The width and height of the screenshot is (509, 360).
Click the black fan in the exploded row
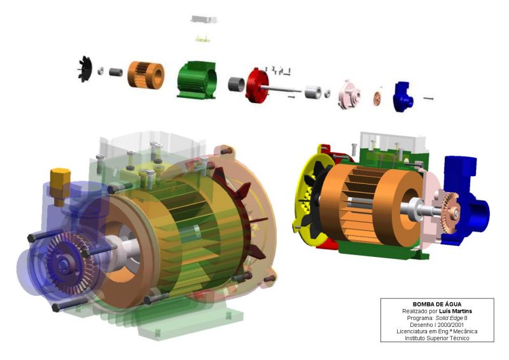[85, 69]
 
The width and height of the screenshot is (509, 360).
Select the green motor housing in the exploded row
[197, 80]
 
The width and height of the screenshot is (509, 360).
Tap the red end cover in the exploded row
[256, 85]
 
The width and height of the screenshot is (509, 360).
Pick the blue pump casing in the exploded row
[403, 97]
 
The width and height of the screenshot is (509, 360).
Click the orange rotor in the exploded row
[146, 75]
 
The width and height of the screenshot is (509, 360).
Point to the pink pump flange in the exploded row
[349, 95]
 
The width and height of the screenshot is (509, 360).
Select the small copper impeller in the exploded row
[377, 99]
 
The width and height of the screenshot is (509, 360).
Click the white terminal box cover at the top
[204, 19]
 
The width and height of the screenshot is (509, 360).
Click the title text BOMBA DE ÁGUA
[437, 304]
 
